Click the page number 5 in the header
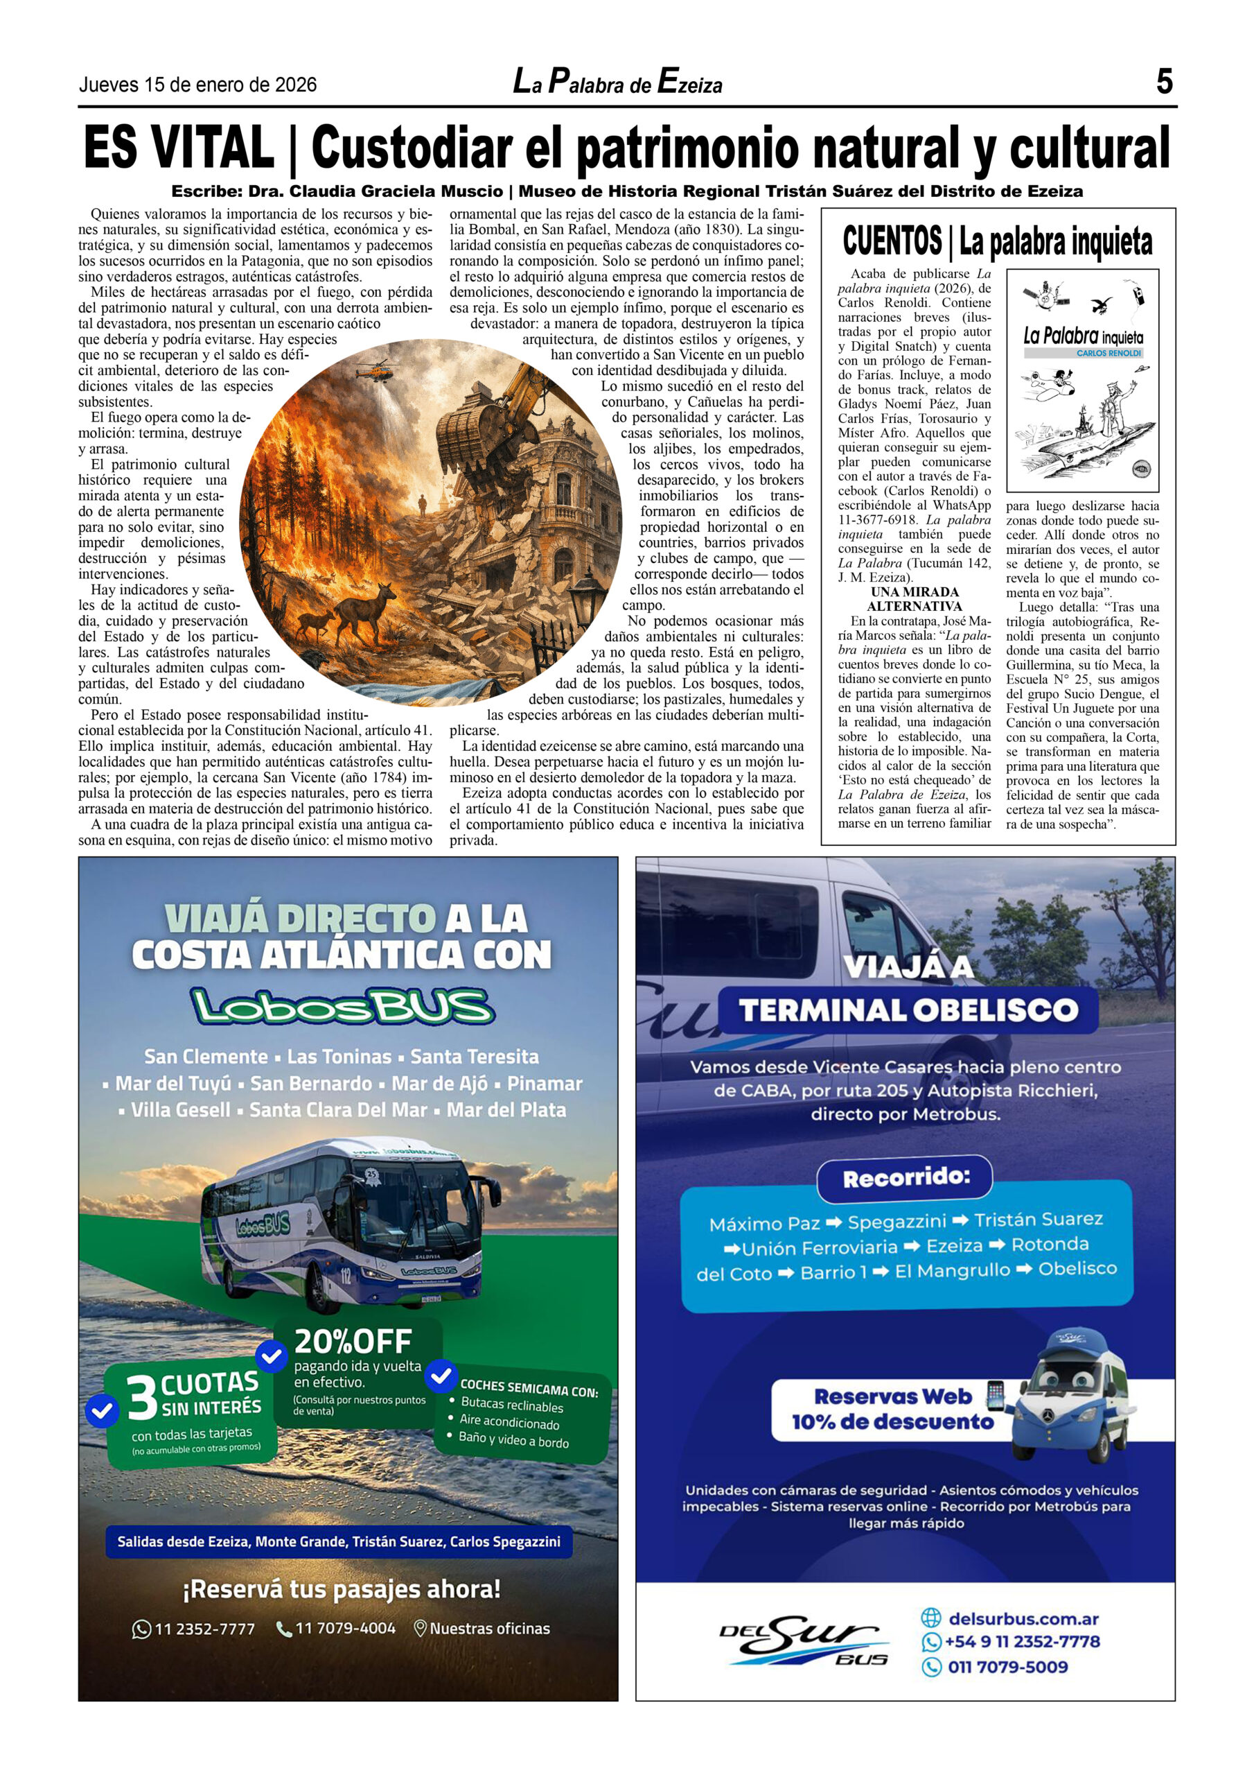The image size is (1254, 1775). (1164, 82)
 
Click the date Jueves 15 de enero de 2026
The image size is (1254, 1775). (197, 85)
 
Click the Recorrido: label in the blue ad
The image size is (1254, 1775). (906, 1178)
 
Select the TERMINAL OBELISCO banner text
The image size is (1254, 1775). (908, 1010)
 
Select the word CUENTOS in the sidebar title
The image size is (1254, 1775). (892, 241)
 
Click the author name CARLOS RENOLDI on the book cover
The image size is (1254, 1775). (1108, 352)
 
